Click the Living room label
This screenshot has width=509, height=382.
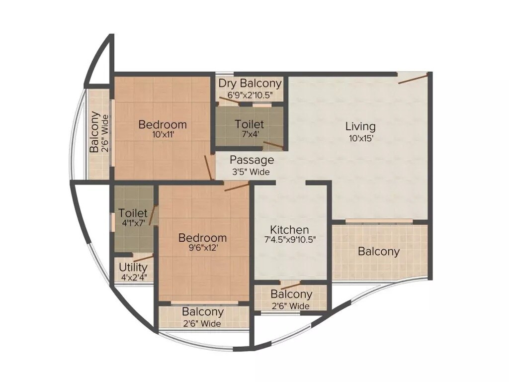[x=360, y=126]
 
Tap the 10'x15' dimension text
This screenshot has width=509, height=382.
[x=360, y=138]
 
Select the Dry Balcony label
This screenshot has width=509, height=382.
[x=250, y=83]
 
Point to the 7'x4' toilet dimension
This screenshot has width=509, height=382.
[x=249, y=134]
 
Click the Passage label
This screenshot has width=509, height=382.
[x=252, y=160]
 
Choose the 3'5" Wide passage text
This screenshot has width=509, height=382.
[x=251, y=172]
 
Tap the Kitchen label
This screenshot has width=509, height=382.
[x=289, y=230]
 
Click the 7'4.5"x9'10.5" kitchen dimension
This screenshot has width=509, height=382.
[x=290, y=239]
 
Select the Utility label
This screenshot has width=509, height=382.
[x=133, y=268]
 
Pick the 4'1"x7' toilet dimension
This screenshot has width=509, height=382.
[x=133, y=223]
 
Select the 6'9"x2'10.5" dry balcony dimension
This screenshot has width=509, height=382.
[x=250, y=94]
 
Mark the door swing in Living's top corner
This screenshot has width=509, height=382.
[x=413, y=78]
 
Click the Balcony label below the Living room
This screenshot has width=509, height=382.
[x=379, y=251]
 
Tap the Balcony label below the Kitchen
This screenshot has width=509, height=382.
[x=291, y=294]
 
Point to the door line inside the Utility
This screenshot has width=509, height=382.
[x=143, y=258]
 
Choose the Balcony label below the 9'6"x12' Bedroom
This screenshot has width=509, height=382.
[x=203, y=312]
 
